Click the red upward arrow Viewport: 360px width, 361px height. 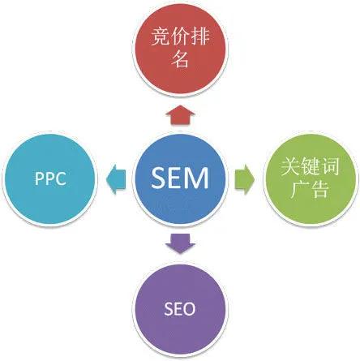click(180, 115)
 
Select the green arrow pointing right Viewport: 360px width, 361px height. click(244, 179)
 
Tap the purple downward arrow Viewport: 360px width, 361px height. click(180, 243)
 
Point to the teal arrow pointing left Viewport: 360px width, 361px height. click(116, 179)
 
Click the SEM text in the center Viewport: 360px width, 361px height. click(180, 178)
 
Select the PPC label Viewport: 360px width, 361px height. click(50, 178)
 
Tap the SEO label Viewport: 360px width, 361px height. click(180, 309)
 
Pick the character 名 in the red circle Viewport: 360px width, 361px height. click(180, 58)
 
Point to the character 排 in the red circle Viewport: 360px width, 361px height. click(199, 36)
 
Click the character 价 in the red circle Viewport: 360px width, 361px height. click(180, 36)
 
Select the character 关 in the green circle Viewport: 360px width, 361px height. click(290, 166)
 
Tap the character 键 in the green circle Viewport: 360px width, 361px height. click(310, 166)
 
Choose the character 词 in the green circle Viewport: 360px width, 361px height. click(329, 166)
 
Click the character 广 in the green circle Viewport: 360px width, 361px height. click(300, 188)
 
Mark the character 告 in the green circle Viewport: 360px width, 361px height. click(319, 188)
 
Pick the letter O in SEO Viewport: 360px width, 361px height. click(189, 309)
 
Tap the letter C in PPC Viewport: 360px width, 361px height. click(61, 178)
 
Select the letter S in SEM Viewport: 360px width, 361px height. click(158, 178)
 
